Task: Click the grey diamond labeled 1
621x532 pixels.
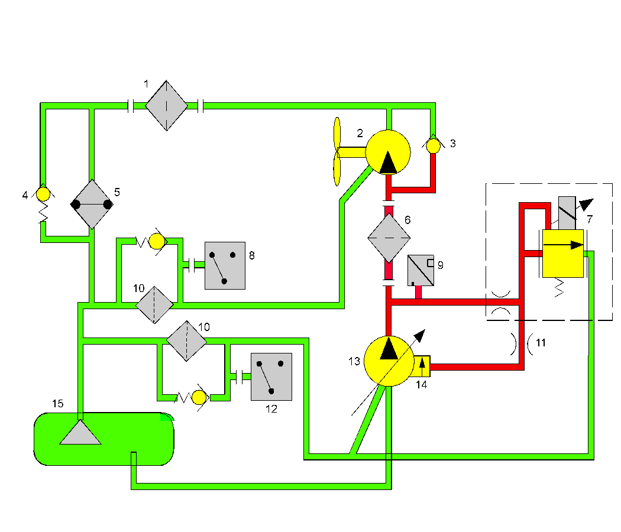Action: pos(166,106)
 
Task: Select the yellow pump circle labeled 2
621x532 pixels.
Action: pos(388,152)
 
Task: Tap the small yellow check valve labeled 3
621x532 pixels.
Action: pos(434,145)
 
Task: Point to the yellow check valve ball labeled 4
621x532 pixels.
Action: pos(43,194)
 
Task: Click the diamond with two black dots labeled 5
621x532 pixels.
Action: pos(92,205)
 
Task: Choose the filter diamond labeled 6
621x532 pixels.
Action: pos(389,238)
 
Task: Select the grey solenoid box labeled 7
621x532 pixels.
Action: pos(567,213)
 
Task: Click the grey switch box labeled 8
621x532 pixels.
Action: pos(225,265)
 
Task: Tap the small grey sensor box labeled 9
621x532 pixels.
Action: pos(421,270)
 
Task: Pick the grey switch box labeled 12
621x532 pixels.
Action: pos(271,377)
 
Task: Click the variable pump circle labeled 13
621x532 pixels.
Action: pos(388,361)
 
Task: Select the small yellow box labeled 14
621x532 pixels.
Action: pos(422,366)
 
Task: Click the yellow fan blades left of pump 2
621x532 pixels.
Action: pos(337,151)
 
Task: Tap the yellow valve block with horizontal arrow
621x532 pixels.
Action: pos(562,252)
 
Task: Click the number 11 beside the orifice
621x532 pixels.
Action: pos(541,342)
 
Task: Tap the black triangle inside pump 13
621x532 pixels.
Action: pos(389,349)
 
